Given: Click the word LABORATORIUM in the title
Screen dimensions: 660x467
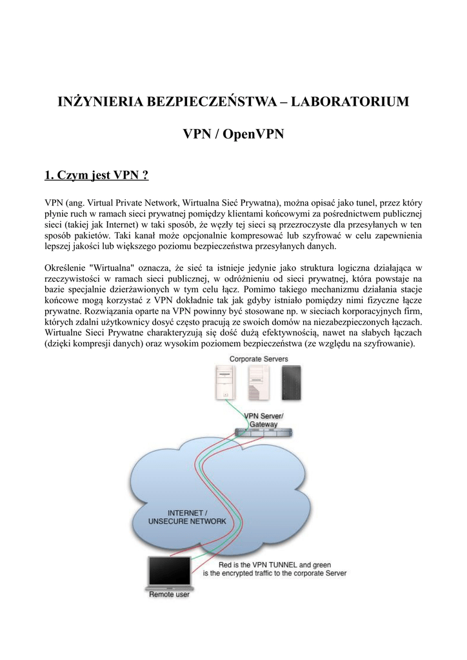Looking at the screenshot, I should coord(354,103).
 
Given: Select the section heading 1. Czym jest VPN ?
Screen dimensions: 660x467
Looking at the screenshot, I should coord(97,176).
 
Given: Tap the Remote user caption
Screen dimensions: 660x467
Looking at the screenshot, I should coord(169,595).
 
